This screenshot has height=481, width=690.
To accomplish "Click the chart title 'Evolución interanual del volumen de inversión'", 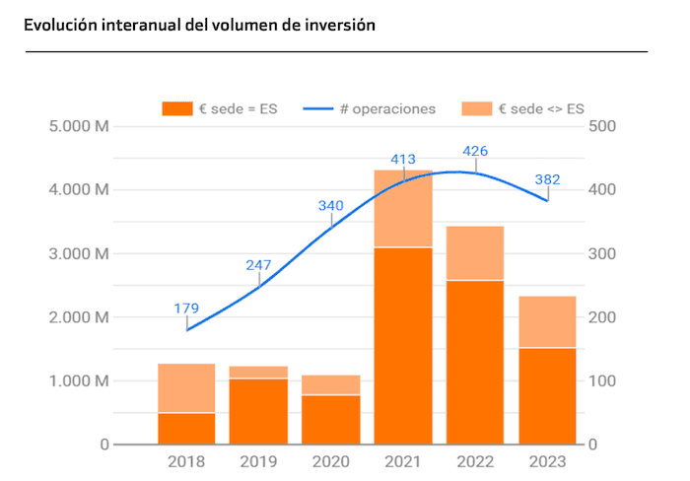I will (x=200, y=25).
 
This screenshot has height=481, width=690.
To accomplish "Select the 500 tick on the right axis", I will (x=602, y=126).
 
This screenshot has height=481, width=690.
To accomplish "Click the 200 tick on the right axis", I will (x=602, y=317).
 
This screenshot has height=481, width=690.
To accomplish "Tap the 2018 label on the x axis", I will (x=186, y=460).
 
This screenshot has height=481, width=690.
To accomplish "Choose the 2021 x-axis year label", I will (x=403, y=460).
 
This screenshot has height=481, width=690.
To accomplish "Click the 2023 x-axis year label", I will (x=547, y=460).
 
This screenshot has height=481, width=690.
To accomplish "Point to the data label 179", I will (x=186, y=309).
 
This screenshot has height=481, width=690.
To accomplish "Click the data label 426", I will (x=475, y=151).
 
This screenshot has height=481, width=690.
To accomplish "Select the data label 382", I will (x=547, y=179).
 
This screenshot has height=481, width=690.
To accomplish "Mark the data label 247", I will (x=258, y=264).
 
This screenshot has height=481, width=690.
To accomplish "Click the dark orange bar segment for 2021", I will (x=403, y=345).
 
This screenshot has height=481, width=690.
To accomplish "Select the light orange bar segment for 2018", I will (x=186, y=387).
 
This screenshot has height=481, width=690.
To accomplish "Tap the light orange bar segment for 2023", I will (x=547, y=321).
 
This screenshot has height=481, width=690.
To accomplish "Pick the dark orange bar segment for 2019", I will (x=258, y=411).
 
